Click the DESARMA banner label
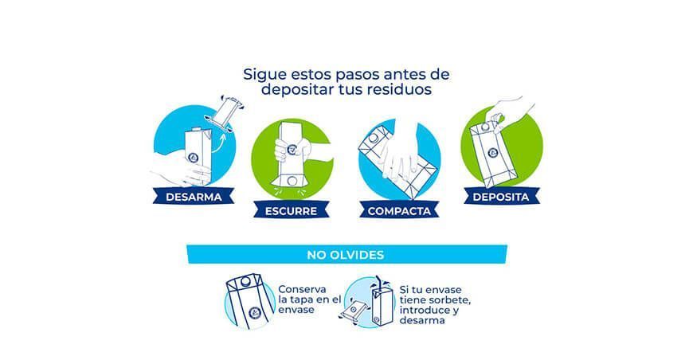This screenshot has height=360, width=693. tap(194, 197)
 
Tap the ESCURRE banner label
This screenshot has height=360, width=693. tap(291, 211)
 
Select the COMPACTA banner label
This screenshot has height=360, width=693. tap(399, 211)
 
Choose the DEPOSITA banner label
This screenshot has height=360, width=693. tap(501, 197)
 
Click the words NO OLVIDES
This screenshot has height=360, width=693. tap(346, 255)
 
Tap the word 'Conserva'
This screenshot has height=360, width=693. tap(303, 289)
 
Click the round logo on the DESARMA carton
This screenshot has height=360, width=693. tap(193, 157)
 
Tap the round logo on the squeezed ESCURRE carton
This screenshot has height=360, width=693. tap(292, 149)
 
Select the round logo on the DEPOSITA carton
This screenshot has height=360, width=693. tap(493, 153)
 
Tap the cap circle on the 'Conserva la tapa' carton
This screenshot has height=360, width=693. tap(245, 280)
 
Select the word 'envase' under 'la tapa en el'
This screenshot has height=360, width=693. tap(296, 310)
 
